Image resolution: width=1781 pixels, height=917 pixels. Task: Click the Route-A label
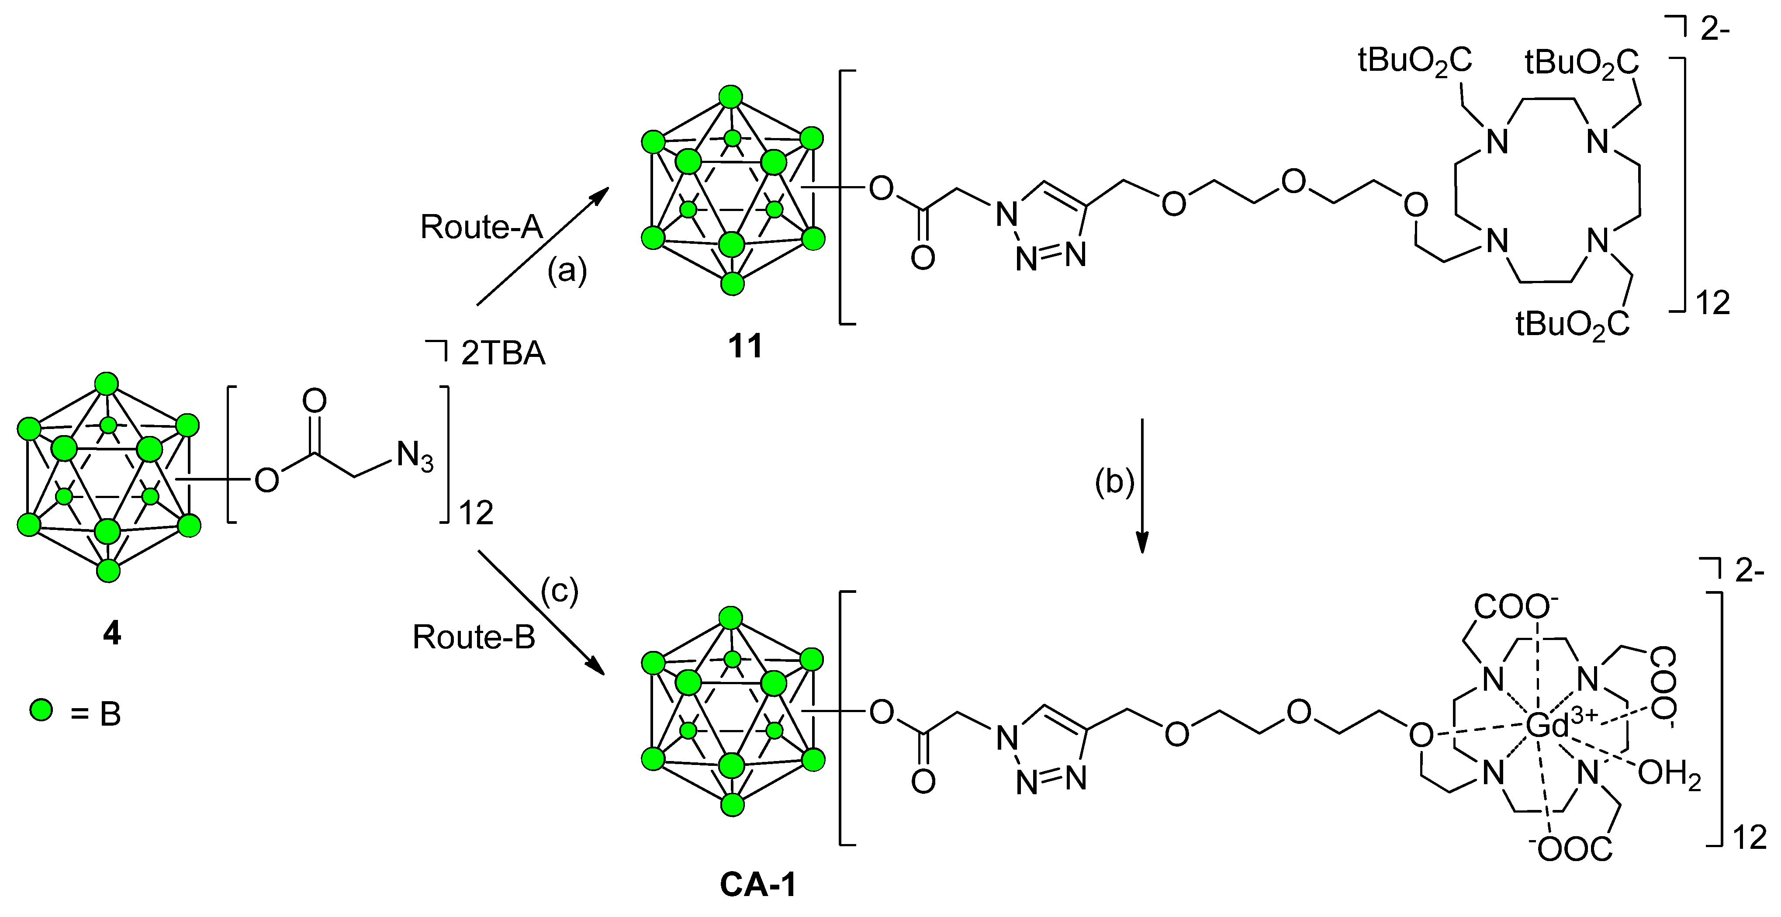pos(481,227)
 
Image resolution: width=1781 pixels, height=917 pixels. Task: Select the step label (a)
pos(567,271)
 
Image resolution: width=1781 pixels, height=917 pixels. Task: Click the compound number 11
pos(745,346)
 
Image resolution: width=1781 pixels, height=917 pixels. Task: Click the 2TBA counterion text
pos(503,354)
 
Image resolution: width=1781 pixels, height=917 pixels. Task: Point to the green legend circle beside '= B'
pos(41,710)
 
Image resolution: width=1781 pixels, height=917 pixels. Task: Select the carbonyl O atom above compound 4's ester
pos(315,401)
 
